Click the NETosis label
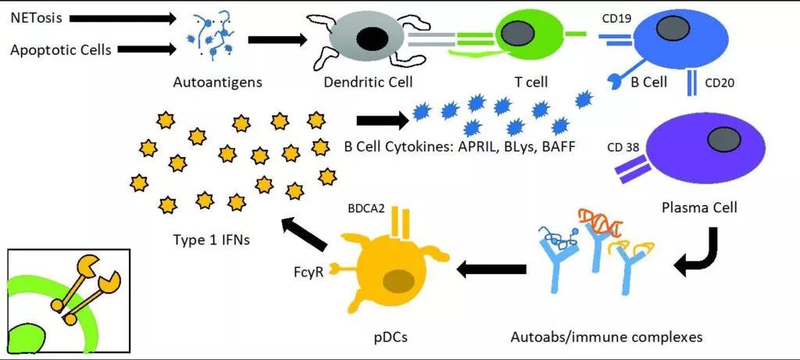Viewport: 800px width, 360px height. tap(36, 19)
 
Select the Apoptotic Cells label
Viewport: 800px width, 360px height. tap(61, 49)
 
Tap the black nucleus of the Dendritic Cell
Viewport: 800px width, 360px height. tap(371, 39)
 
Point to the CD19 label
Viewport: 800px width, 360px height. tap(617, 19)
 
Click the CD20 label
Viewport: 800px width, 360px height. tap(720, 83)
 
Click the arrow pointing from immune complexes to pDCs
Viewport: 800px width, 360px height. tap(491, 269)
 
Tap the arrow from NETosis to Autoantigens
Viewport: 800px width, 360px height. tap(123, 19)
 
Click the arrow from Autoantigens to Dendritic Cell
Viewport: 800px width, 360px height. tap(278, 39)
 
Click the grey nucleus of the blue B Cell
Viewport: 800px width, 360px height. tap(666, 30)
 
